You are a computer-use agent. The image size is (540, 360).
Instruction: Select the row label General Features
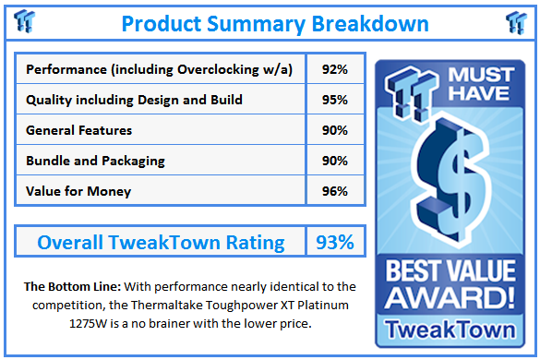tap(79, 130)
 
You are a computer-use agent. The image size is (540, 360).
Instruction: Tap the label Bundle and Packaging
tap(96, 161)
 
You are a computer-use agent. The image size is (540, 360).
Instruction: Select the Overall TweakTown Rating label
tap(161, 243)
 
